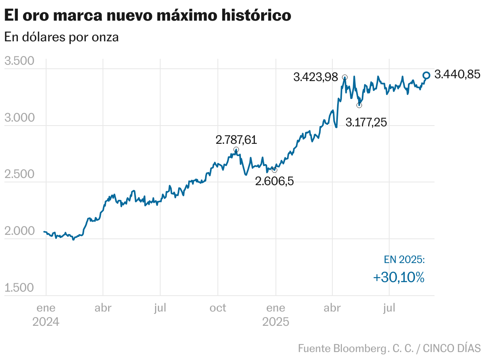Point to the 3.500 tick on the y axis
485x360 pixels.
pos(19,62)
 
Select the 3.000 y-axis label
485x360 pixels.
pos(19,118)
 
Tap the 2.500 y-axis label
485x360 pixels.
pos(19,174)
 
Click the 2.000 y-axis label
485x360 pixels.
pos(19,231)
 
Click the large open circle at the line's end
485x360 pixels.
pos(426,75)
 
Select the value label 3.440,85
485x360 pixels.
pos(457,74)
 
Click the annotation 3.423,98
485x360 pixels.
pos(315,77)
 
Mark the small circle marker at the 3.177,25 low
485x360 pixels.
pos(359,105)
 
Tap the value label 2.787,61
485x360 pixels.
pos(236,140)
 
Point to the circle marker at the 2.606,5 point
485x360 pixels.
pos(274,170)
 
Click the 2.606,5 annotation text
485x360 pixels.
pos(274,182)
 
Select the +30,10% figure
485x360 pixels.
pos(399,277)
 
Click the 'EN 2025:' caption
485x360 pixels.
pos(404,259)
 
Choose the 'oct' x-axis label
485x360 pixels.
pos(217,308)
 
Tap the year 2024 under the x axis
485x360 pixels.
pos(46,321)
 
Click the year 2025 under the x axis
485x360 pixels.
pos(275,321)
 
